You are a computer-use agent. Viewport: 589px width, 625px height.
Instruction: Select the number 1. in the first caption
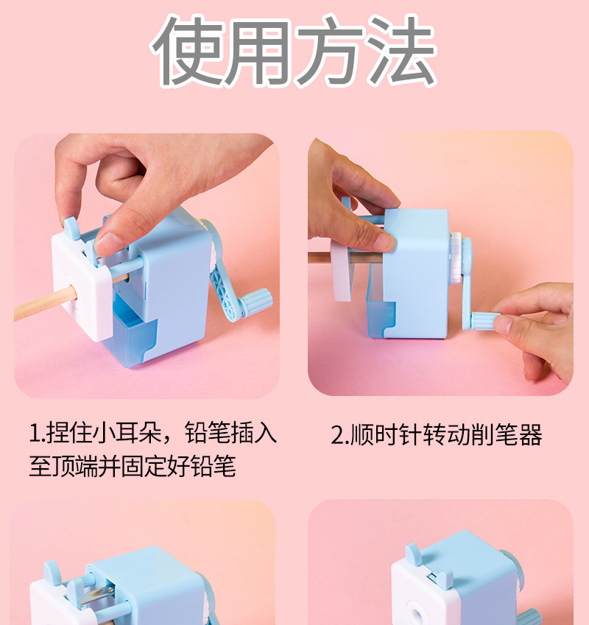pyautogui.click(x=37, y=434)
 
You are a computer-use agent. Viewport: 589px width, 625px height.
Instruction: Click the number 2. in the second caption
pyautogui.click(x=339, y=435)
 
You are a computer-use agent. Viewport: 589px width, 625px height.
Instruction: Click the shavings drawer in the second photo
pyautogui.click(x=375, y=309)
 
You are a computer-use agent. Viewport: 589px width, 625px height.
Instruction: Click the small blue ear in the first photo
pyautogui.click(x=70, y=226)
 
